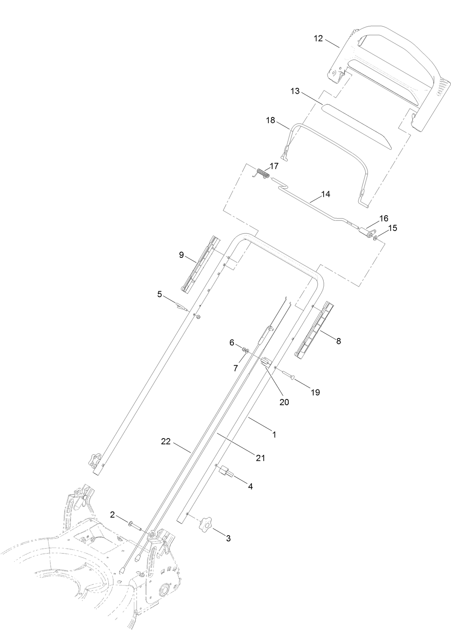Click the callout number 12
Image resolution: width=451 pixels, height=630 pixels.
pyautogui.click(x=318, y=38)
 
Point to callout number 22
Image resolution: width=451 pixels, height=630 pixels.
pyautogui.click(x=166, y=442)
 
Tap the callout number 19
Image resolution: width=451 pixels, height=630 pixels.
pyautogui.click(x=315, y=393)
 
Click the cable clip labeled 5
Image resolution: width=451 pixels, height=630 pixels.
pyautogui.click(x=181, y=306)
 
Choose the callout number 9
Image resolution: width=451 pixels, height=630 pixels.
pyautogui.click(x=181, y=255)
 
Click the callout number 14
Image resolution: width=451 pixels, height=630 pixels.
pyautogui.click(x=325, y=194)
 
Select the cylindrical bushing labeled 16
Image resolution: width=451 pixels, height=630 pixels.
pyautogui.click(x=364, y=232)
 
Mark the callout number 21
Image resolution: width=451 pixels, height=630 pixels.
pyautogui.click(x=261, y=458)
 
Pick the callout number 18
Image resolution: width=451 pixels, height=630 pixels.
pyautogui.click(x=270, y=120)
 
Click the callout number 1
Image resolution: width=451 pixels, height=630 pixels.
pyautogui.click(x=274, y=435)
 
